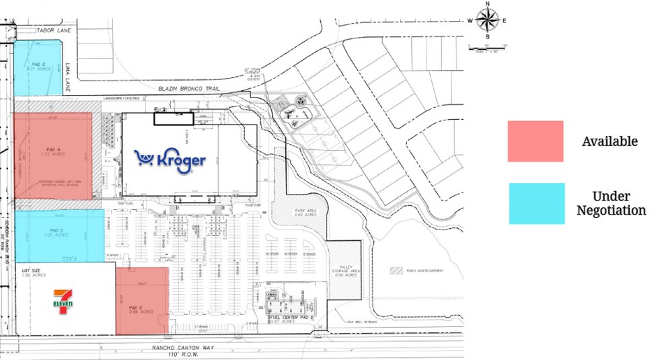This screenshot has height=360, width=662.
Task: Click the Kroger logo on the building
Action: [170, 159]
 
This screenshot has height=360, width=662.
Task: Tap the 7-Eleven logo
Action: [63, 301]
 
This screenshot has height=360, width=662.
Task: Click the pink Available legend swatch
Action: [536, 141]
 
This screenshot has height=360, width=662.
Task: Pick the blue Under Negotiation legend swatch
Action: [536, 203]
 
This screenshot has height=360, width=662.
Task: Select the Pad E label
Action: [141, 310]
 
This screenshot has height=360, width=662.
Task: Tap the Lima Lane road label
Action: [69, 77]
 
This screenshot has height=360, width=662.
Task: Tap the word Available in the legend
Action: [610, 141]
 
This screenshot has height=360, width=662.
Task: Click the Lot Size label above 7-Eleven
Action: [32, 271]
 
